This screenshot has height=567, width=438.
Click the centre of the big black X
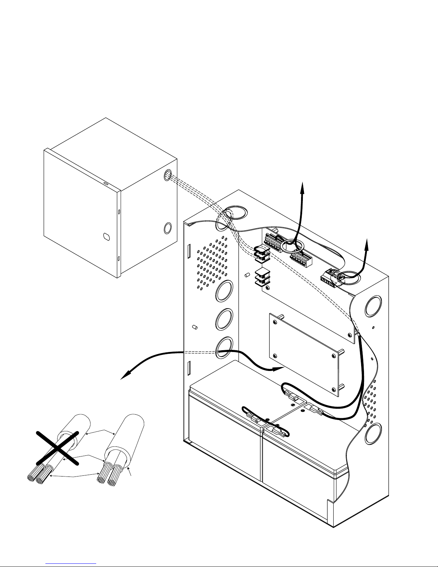(x=57, y=449)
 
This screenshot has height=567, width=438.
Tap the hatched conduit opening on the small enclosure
(x=167, y=175)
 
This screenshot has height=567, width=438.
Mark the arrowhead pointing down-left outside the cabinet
(x=122, y=378)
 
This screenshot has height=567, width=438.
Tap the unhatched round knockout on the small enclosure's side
(x=167, y=228)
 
